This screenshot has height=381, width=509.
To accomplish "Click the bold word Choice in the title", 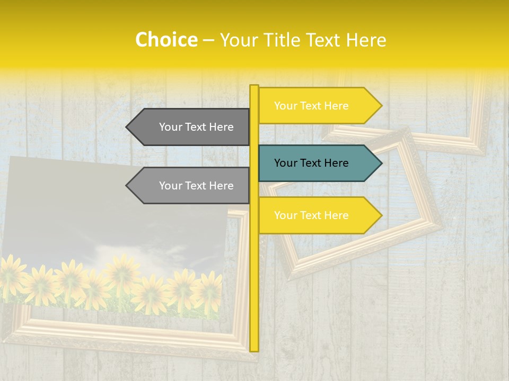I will pos(166,40).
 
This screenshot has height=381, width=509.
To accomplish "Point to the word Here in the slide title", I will pos(366,40).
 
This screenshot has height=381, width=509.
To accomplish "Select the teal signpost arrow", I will pos(318,163).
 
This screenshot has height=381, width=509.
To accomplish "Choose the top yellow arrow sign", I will pos(318,106).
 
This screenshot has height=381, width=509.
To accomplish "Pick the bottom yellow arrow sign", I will pos(318,215).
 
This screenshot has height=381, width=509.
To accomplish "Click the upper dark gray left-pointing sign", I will pos(191,127).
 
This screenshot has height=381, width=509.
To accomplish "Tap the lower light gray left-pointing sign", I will pos(191,186).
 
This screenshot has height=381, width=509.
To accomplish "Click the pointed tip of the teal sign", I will pos(381,163).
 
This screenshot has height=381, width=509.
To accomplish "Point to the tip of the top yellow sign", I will pos(381,106).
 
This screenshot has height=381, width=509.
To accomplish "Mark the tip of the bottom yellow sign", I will pos(381,215).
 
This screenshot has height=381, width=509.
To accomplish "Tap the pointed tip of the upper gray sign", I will pos(127,127).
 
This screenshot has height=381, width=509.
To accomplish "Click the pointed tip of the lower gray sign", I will pos(127,186).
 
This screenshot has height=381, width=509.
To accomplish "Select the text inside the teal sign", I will pos(311,163).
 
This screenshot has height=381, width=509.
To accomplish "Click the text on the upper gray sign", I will pos(196,127).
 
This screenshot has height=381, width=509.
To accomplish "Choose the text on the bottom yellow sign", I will pos(311,215).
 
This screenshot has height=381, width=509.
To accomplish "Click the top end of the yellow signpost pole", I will pos(254,87).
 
